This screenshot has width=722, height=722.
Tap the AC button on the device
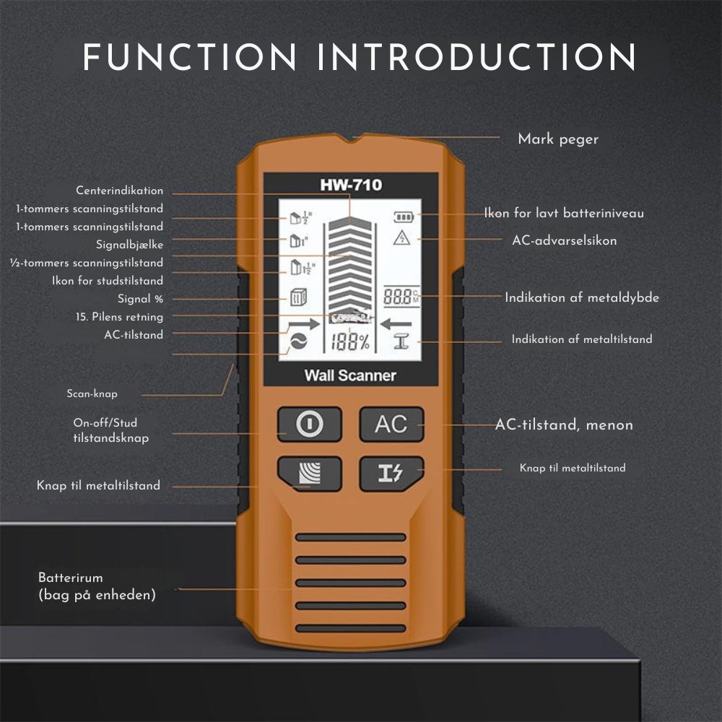point(391,424)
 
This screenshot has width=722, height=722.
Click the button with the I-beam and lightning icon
point(391,474)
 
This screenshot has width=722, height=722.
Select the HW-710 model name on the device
point(351,185)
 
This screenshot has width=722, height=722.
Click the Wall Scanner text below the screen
point(350,375)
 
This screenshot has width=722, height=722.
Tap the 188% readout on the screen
point(350,343)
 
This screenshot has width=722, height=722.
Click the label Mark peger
point(558,139)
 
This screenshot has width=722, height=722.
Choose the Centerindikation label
point(120,191)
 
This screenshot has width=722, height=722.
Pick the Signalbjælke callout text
point(130,245)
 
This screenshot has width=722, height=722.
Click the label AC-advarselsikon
point(565,240)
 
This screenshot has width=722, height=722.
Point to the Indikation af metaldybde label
point(582,297)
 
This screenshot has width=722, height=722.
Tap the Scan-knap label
point(92,394)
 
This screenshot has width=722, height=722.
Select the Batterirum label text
point(71,578)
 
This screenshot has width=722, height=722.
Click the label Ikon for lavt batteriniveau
point(564,213)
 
